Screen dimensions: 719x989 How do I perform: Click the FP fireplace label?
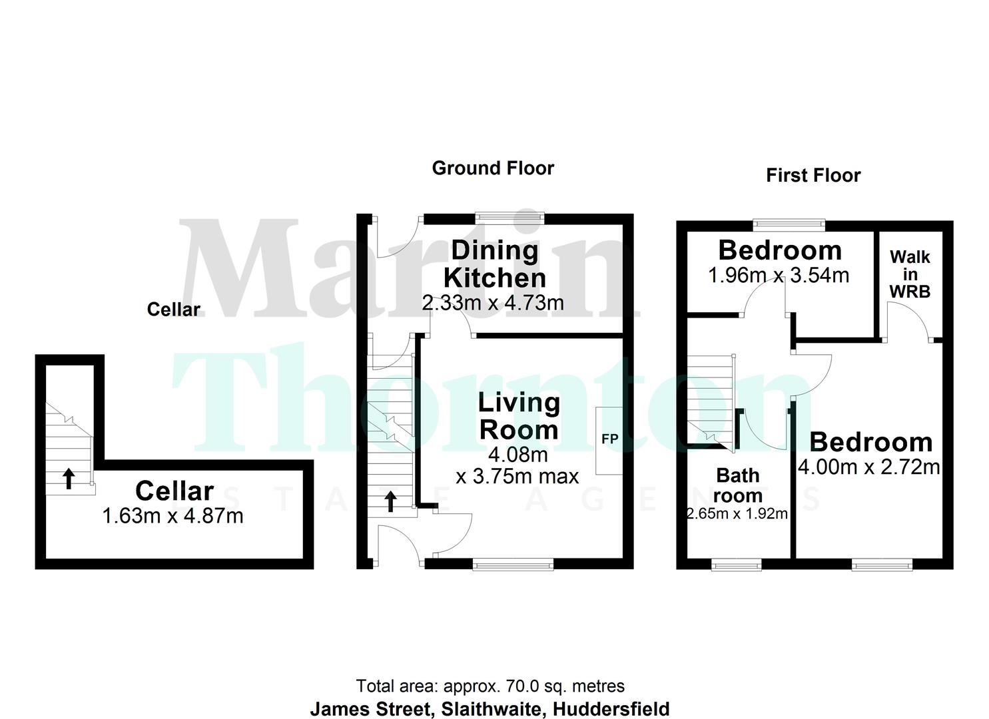(x=609, y=439)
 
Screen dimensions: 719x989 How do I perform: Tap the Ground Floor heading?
(x=493, y=168)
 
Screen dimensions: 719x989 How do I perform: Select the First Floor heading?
(x=813, y=175)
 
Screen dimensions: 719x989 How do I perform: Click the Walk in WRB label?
(x=910, y=274)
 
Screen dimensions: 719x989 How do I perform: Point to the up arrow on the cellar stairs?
(x=69, y=478)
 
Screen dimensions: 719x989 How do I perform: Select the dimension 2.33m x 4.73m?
(x=493, y=303)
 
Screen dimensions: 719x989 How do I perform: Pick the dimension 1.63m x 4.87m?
(x=173, y=515)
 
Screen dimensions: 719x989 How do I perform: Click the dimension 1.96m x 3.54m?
(x=779, y=275)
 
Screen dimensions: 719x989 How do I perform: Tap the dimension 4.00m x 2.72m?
(x=869, y=467)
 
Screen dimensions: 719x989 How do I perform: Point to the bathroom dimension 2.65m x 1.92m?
(x=737, y=514)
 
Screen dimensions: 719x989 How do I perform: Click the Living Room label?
(x=519, y=416)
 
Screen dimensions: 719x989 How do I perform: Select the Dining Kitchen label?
(x=494, y=264)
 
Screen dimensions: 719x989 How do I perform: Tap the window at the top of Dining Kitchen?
(x=510, y=217)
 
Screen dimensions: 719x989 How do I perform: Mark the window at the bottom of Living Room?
(x=513, y=565)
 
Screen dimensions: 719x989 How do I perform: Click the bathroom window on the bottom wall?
(x=737, y=565)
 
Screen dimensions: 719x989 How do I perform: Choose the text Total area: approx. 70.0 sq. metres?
(x=490, y=686)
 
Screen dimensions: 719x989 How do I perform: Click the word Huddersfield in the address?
(x=611, y=709)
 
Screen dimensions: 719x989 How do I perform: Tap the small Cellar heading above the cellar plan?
(x=173, y=309)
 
